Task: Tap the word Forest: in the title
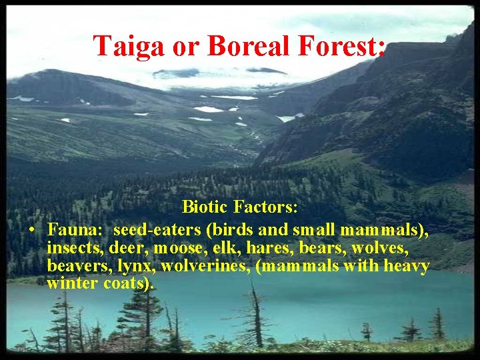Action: [x=343, y=46]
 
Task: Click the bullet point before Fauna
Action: [x=32, y=231]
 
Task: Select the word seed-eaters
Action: [x=158, y=230]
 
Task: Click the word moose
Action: [x=175, y=248]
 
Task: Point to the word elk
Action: [x=217, y=248]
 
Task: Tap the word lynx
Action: [x=135, y=266]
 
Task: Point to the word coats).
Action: [x=129, y=283]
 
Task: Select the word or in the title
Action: [x=187, y=46]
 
